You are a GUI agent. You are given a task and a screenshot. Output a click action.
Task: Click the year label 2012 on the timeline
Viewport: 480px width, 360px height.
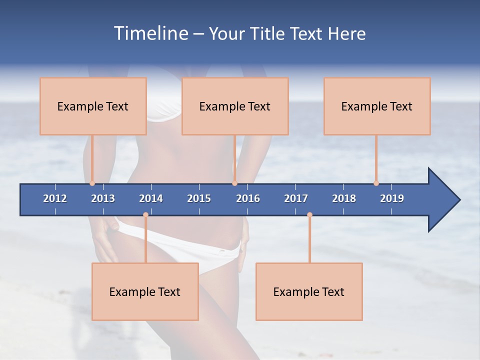pyautogui.click(x=55, y=198)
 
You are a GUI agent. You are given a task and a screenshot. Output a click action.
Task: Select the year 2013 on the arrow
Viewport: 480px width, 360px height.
pyautogui.click(x=103, y=198)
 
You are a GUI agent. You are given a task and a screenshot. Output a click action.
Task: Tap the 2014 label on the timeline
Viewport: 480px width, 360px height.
pyautogui.click(x=151, y=198)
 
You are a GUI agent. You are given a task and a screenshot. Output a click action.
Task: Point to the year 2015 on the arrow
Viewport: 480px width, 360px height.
pyautogui.click(x=199, y=198)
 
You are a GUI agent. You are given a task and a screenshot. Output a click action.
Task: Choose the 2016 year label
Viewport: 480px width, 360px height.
pyautogui.click(x=248, y=198)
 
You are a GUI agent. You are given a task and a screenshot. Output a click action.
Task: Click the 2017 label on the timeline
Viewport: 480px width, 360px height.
pyautogui.click(x=296, y=198)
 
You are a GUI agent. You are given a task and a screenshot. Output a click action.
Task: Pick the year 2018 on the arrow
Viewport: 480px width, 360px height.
pyautogui.click(x=344, y=198)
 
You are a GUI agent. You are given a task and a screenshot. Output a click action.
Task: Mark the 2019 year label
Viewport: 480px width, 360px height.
pyautogui.click(x=392, y=198)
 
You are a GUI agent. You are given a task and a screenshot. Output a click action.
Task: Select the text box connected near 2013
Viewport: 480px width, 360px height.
pyautogui.click(x=93, y=106)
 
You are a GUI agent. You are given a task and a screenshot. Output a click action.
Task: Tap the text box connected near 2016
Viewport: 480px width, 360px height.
pyautogui.click(x=235, y=106)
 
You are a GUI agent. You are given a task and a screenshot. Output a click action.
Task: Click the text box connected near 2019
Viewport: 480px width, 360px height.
pyautogui.click(x=377, y=106)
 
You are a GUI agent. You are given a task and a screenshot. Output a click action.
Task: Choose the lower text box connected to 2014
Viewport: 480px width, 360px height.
pyautogui.click(x=145, y=291)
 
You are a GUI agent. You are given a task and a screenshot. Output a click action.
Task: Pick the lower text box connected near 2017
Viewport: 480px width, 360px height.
pyautogui.click(x=309, y=291)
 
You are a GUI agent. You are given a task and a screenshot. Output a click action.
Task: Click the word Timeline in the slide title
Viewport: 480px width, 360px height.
pyautogui.click(x=150, y=33)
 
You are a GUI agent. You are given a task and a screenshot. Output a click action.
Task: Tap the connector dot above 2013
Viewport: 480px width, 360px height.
pyautogui.click(x=92, y=183)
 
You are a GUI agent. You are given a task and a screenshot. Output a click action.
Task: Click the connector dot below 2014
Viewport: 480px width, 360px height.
pyautogui.click(x=145, y=215)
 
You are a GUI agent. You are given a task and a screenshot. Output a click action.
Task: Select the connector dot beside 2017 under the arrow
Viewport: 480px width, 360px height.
pyautogui.click(x=309, y=215)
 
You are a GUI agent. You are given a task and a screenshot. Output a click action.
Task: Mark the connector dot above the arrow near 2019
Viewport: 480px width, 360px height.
pyautogui.click(x=376, y=183)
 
